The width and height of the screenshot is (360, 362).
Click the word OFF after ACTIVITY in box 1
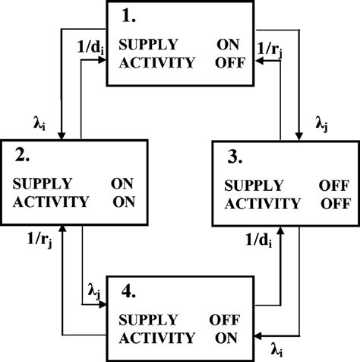click(x=230, y=62)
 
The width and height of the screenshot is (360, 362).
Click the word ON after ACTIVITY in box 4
click(x=226, y=337)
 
